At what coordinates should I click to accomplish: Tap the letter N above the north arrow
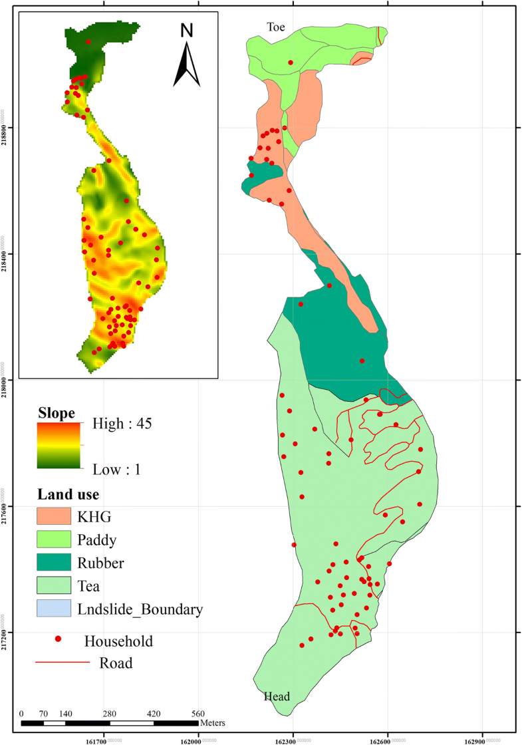pyautogui.click(x=187, y=30)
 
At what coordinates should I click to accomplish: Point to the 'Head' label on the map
pyautogui.click(x=277, y=696)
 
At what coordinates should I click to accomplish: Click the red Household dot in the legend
pyautogui.click(x=59, y=639)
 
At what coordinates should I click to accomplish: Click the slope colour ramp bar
pyautogui.click(x=59, y=445)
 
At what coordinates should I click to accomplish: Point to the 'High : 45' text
pyautogui.click(x=122, y=424)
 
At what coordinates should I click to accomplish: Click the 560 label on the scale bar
pyautogui.click(x=197, y=714)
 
